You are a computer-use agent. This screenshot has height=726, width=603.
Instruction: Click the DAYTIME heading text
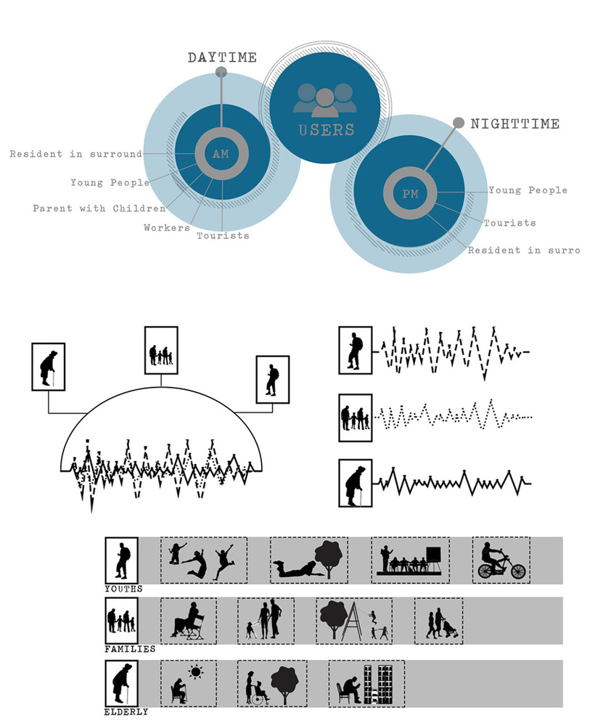pyautogui.click(x=222, y=57)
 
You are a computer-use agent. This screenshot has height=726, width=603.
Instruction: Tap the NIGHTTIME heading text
pyautogui.click(x=515, y=123)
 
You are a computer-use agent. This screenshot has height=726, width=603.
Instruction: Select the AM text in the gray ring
pyautogui.click(x=221, y=154)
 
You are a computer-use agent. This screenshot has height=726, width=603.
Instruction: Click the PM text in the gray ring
pyautogui.click(x=410, y=194)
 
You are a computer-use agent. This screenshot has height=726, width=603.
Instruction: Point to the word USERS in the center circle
pyautogui.click(x=327, y=130)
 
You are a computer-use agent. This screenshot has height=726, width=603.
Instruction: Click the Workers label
pyautogui.click(x=167, y=227)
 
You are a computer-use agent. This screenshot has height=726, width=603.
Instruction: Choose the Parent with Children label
pyautogui.click(x=99, y=208)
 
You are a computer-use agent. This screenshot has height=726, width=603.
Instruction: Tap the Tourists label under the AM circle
pyautogui.click(x=223, y=236)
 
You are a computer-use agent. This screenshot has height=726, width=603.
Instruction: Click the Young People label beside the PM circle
pyautogui.click(x=528, y=189)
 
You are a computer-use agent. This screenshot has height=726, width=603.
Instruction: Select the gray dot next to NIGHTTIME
pyautogui.click(x=458, y=123)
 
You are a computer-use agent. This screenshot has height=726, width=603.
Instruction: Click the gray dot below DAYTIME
pyautogui.click(x=221, y=72)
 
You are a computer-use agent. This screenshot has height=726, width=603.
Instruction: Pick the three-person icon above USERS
pyautogui.click(x=325, y=99)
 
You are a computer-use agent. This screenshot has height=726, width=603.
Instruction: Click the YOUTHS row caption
pyautogui.click(x=123, y=589)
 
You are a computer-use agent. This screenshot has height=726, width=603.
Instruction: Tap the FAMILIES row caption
pyautogui.click(x=130, y=649)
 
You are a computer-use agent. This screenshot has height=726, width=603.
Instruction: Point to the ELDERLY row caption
pyautogui.click(x=126, y=712)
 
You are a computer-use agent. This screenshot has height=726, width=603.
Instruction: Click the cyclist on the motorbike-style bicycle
pyautogui.click(x=501, y=560)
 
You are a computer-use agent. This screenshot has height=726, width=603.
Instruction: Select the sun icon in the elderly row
pyautogui.click(x=195, y=672)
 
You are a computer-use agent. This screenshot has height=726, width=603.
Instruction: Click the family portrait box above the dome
pyautogui.click(x=161, y=350)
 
